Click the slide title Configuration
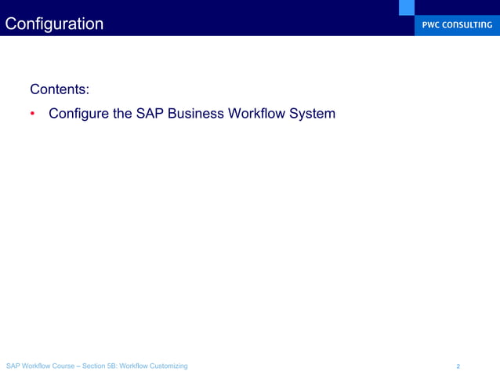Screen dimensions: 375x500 point(54,24)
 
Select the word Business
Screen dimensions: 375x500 point(195,114)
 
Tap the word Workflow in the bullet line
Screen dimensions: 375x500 point(258,114)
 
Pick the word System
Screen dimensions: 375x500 point(313,114)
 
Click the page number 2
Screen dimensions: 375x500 point(458,366)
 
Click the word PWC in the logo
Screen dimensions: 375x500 point(433,24)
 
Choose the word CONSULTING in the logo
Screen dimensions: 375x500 point(469,24)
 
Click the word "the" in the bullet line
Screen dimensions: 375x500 point(121,114)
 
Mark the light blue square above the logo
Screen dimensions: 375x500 point(406,7)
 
